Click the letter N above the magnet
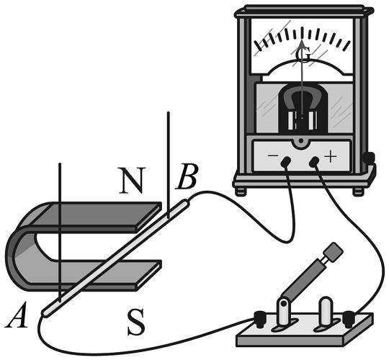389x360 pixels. tap(131, 181)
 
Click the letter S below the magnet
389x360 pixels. tap(135, 322)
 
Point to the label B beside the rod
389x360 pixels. tap(187, 176)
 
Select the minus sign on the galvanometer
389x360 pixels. tap(273, 156)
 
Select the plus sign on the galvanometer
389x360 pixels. tap(331, 156)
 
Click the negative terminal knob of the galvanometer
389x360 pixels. tap(285, 161)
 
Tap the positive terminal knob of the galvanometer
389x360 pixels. tap(314, 161)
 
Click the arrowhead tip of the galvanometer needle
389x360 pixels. tap(302, 40)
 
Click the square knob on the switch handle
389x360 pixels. tap(334, 252)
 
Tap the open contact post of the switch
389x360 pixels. tap(326, 311)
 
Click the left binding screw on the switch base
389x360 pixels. tap(260, 319)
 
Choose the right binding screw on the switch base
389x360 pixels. tap(349, 319)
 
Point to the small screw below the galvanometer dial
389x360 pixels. tap(301, 141)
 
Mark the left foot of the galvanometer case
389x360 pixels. tap(241, 192)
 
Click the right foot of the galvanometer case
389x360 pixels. tap(358, 192)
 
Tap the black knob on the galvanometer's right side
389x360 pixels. tap(369, 158)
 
